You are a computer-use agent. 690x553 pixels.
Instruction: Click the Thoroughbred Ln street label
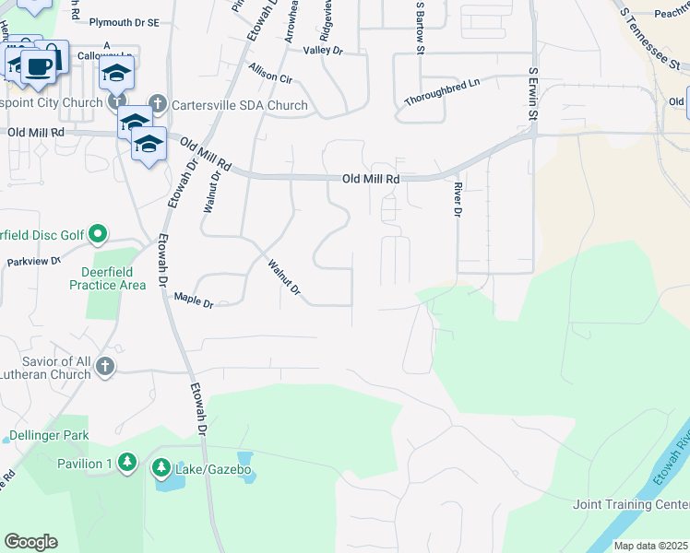coord(442,82)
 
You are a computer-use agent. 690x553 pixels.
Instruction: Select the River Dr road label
coord(457,199)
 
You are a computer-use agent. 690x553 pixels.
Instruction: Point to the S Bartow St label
coord(420,29)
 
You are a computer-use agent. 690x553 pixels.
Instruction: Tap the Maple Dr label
coord(194,300)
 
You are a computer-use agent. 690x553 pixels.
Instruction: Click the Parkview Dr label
coord(33,261)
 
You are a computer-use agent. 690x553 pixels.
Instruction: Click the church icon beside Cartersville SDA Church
coord(157,103)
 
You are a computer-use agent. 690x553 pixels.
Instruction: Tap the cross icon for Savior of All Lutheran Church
coord(104,367)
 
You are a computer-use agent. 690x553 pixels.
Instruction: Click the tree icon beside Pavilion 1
coord(127,462)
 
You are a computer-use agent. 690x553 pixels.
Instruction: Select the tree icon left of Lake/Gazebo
coord(161,469)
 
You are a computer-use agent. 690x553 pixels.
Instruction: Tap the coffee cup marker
coord(38,67)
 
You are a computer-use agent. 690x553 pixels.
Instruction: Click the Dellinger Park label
coord(48,434)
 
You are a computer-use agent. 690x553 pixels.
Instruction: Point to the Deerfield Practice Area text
coord(107,278)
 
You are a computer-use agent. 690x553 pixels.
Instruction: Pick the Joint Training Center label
coord(631,504)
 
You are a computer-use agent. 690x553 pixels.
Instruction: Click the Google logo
coord(30,541)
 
